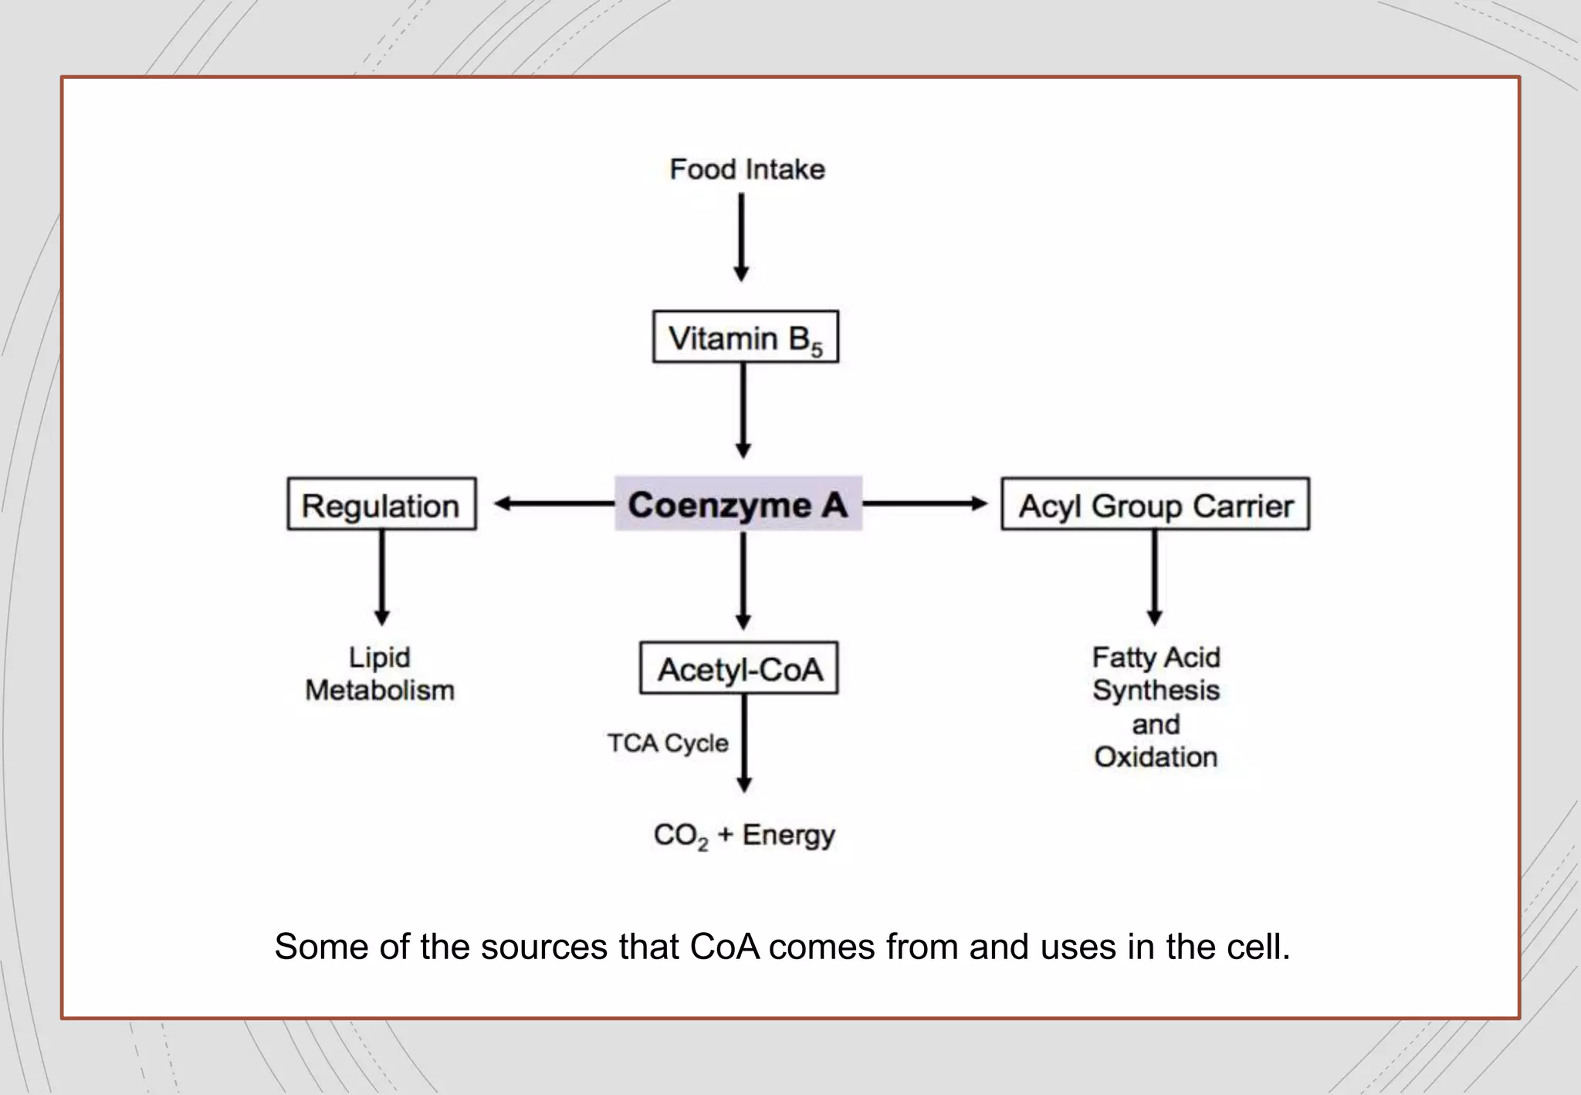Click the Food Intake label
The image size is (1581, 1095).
pos(746,169)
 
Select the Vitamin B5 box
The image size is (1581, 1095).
pos(745,337)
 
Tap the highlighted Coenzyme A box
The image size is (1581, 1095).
pos(738,504)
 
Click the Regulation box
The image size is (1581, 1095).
pos(381,505)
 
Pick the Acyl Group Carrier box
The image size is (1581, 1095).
pos(1155,505)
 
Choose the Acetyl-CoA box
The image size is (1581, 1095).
pos(739,669)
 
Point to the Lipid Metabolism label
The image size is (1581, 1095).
pos(380,673)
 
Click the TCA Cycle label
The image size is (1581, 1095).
pos(668,743)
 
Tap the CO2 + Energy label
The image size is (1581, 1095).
pos(744,836)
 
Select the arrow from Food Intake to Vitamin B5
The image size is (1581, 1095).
pos(741,236)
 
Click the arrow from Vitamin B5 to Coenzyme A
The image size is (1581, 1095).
pos(743,410)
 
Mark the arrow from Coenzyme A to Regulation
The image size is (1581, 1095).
pos(554,504)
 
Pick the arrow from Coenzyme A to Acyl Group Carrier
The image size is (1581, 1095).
pos(925,504)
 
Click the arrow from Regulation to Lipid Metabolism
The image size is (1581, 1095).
pos(381,577)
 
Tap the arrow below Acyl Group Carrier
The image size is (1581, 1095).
pos(1155,577)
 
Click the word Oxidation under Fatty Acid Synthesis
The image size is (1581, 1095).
pos(1156,758)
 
